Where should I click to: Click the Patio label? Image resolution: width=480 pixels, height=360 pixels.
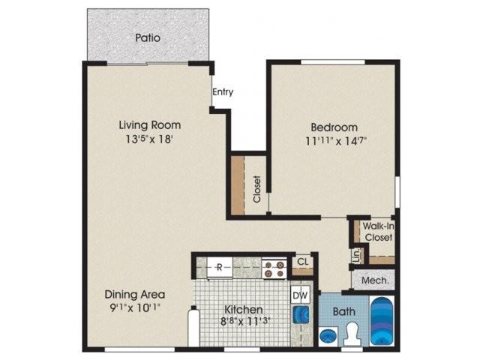(148, 38)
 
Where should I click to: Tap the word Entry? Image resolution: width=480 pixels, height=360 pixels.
(223, 91)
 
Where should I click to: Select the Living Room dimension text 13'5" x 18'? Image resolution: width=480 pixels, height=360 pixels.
(150, 139)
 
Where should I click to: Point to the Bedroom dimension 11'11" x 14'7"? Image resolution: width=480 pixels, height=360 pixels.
(336, 141)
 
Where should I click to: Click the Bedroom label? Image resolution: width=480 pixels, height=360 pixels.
(334, 127)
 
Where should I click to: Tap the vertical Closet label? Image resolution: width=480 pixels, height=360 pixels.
(257, 189)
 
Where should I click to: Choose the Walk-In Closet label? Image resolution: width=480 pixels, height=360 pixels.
(378, 232)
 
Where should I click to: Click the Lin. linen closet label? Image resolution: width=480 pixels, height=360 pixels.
(357, 255)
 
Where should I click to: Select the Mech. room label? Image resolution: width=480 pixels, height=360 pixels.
(375, 280)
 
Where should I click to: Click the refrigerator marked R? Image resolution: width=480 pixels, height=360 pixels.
(220, 268)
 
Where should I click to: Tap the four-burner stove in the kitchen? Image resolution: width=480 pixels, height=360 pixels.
(274, 268)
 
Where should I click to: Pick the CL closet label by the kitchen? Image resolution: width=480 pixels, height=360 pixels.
(303, 262)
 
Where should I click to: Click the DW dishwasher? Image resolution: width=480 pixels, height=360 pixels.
(300, 295)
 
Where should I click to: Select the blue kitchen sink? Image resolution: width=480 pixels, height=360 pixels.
(301, 315)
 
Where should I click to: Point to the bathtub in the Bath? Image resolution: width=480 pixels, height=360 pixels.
(382, 321)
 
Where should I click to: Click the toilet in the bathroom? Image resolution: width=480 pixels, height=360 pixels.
(352, 334)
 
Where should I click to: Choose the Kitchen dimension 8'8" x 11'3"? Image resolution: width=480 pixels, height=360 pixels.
(245, 322)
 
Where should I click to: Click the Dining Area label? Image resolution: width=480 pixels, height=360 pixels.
(135, 295)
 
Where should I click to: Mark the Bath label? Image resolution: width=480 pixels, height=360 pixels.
(343, 312)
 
